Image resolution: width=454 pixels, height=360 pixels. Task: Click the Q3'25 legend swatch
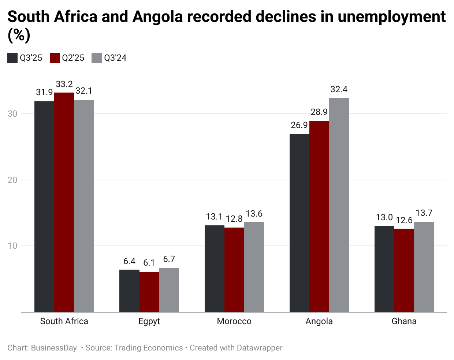pos(12,58)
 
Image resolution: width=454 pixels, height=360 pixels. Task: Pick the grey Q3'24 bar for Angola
pos(339,205)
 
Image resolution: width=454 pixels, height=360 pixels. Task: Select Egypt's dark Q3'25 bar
pos(129,290)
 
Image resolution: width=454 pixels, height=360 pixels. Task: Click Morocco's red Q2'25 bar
pos(234,270)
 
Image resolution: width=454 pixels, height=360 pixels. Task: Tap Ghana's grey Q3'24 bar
pos(424,267)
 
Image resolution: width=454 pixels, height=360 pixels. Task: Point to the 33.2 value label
pos(64,84)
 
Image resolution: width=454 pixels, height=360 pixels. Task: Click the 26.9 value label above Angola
pos(299,125)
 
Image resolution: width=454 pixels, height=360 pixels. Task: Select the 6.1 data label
pos(149,263)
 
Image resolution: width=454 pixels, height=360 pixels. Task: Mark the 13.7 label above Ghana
pos(424,213)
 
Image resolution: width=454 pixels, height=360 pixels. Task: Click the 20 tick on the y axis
pos(12,180)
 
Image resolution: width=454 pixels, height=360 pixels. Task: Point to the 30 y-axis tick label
pos(12,114)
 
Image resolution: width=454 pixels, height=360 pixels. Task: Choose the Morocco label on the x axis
pos(234,321)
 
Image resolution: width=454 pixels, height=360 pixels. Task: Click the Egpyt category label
pos(149,321)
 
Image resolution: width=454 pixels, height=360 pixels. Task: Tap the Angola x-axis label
pos(319,321)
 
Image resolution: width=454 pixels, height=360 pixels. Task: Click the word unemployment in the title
pos(391,17)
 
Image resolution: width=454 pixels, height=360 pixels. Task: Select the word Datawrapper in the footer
pos(259,348)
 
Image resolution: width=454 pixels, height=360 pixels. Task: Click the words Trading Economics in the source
pos(148,348)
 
